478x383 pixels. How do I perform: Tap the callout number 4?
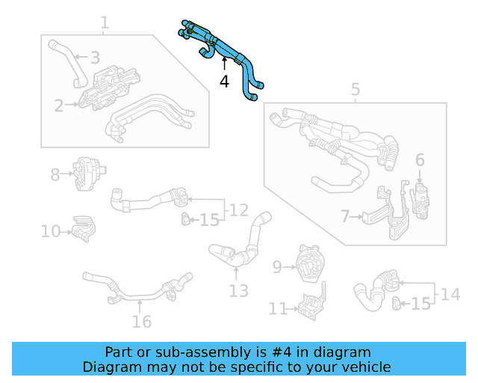[x=224, y=82]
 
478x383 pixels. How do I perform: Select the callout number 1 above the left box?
[x=105, y=23]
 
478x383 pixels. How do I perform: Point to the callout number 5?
[x=356, y=91]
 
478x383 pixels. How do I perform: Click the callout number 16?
[x=141, y=322]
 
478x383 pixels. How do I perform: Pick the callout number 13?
[x=238, y=290]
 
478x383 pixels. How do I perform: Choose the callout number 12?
[x=238, y=209]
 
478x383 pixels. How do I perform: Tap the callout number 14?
[x=450, y=294]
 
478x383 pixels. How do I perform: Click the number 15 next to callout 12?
[x=209, y=220]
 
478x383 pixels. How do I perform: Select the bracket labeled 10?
[x=83, y=230]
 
